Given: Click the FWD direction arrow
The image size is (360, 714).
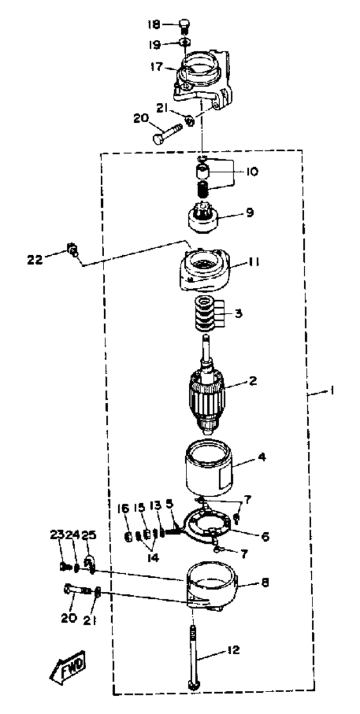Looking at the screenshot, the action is click(x=69, y=666).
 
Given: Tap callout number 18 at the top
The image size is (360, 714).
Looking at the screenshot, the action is click(x=153, y=24).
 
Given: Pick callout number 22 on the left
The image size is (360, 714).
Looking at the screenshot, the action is click(x=36, y=260).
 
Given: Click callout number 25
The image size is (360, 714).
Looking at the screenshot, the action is click(x=89, y=535).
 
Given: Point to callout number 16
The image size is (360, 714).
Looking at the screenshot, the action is click(x=124, y=507).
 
